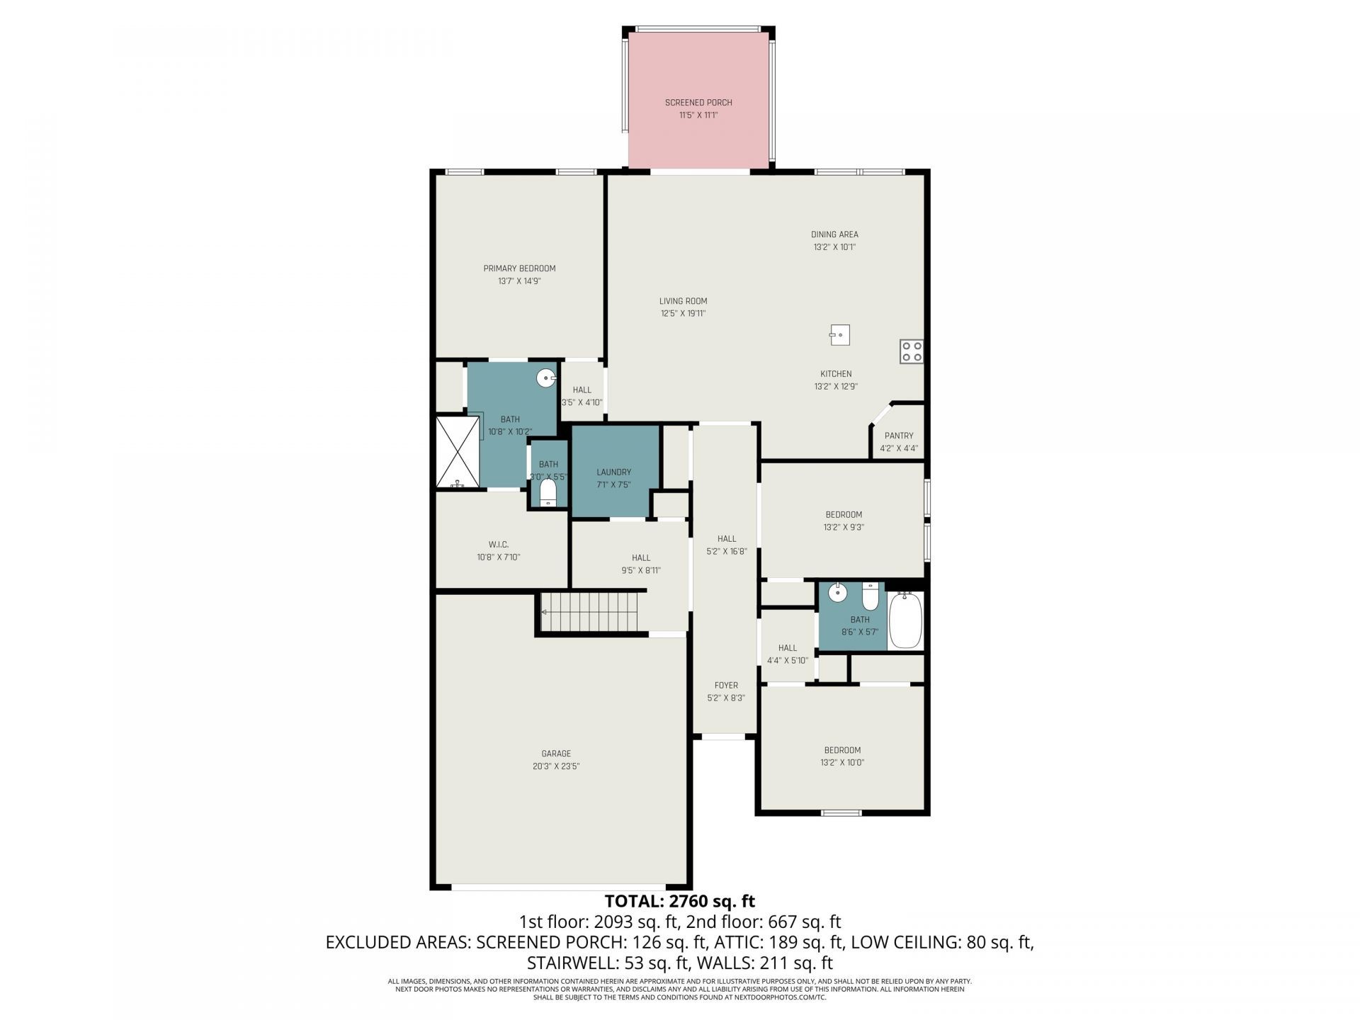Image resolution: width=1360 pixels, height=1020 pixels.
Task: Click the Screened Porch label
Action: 698,103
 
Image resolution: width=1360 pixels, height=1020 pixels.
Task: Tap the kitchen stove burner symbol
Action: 911,352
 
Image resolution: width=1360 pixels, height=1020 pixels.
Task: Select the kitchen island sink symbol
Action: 839,335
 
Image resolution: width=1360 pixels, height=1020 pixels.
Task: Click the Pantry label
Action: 898,436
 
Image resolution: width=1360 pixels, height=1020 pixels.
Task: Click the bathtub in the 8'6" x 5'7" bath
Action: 905,620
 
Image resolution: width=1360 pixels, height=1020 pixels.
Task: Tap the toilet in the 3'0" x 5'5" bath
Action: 548,492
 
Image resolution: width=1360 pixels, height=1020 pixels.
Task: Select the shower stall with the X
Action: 458,452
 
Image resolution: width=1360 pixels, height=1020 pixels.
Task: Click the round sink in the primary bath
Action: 545,378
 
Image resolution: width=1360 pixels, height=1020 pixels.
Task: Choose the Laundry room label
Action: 613,472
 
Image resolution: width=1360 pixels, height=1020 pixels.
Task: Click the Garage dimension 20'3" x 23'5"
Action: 556,766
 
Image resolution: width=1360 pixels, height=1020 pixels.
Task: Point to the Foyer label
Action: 726,685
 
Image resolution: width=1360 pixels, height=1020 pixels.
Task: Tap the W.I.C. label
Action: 498,544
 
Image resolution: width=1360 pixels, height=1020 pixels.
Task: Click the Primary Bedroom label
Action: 519,268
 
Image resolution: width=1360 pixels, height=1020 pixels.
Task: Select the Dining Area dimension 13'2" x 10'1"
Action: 834,247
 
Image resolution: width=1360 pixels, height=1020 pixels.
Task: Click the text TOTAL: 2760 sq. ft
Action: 679,901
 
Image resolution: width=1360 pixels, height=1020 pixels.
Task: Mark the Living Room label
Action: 683,301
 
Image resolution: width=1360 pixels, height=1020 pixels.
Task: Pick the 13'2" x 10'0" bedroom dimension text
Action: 842,763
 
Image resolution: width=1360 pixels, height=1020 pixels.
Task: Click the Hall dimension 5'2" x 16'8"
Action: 726,551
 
